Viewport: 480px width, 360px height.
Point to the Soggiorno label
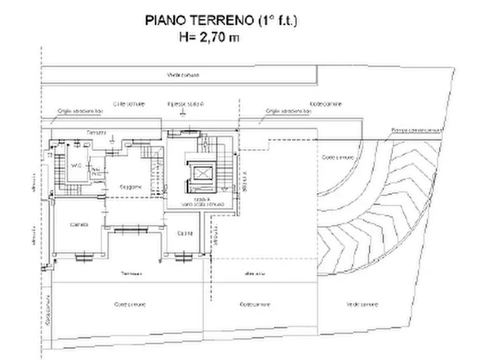pos(131,187)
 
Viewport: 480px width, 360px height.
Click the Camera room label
pos(79,225)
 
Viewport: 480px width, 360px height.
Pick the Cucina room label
pos(185,233)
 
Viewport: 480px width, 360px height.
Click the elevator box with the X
pos(203,174)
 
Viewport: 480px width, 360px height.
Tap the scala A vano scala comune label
pos(201,202)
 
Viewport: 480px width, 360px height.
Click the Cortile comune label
pos(128,104)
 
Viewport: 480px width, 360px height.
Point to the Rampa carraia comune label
pos(417,130)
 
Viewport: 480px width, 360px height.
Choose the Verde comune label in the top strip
pos(183,75)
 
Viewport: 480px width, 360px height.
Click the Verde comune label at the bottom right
pos(362,304)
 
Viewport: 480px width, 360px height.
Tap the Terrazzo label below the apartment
pos(131,274)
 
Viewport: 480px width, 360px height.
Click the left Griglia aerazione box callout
pos(80,111)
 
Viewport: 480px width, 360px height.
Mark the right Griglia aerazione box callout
pos(288,111)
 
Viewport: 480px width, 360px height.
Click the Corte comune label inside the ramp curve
pos(338,157)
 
